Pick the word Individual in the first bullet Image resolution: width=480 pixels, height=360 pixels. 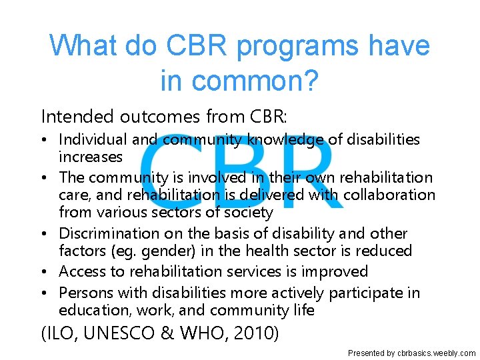click(93, 139)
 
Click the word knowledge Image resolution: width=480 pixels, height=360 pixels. click(287, 139)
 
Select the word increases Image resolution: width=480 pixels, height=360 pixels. click(91, 157)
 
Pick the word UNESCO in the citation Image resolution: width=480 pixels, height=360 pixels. click(129, 333)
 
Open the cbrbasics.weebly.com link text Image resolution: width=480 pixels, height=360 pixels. click(436, 353)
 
